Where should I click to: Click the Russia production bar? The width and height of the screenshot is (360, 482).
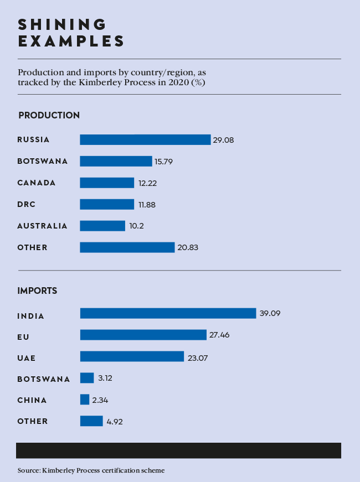(145, 139)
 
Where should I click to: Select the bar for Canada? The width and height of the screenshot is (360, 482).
(107, 183)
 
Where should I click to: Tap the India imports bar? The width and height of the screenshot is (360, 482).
(168, 313)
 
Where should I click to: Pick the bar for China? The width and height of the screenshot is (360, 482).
(85, 400)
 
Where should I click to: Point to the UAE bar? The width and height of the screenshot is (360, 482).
(132, 356)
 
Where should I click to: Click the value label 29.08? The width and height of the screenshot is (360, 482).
(223, 140)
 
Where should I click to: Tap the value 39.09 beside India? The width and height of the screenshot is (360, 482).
(270, 314)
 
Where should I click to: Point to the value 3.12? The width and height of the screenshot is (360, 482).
(105, 379)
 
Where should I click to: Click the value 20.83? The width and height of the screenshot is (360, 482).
(188, 248)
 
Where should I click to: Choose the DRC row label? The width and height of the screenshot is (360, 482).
(26, 204)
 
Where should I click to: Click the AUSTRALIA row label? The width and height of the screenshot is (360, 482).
(42, 226)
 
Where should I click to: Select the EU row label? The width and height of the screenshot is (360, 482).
(23, 337)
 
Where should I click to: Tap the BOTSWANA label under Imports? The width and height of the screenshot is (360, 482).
(43, 379)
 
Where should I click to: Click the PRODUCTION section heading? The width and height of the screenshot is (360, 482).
(49, 115)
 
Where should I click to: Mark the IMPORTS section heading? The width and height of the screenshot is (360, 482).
(38, 291)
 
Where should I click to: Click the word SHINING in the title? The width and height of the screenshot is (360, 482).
(62, 24)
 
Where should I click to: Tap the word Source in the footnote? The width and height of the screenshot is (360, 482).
(28, 470)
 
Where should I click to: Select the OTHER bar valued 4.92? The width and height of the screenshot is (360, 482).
(91, 421)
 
